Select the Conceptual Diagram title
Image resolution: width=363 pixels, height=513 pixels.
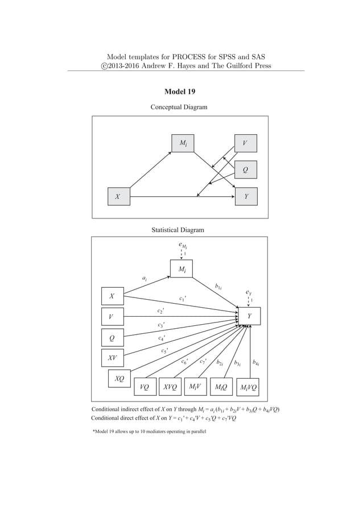coord(179,107)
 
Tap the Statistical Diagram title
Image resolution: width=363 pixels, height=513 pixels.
coord(178,230)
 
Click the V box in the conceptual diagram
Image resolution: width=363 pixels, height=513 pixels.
coord(246,143)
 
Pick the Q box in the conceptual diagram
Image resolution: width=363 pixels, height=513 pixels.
coord(246,169)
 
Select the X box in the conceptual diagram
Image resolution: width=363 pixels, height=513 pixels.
coord(117,196)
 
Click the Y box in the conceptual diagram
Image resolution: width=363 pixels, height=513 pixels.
coord(246,196)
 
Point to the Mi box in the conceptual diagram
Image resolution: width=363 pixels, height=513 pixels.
coord(183,143)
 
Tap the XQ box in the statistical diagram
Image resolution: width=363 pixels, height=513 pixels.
coord(119,378)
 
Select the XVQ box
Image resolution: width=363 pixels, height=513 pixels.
coord(170,387)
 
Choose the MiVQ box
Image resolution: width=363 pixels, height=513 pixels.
coord(248,387)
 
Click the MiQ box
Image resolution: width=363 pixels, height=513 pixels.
coord(221,387)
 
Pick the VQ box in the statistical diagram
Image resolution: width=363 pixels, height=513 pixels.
coord(145,387)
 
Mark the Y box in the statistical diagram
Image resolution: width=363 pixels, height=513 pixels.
coord(249,317)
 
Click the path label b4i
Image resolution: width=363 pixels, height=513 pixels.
coord(257,362)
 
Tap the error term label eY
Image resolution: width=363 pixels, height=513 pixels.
coord(249,293)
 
